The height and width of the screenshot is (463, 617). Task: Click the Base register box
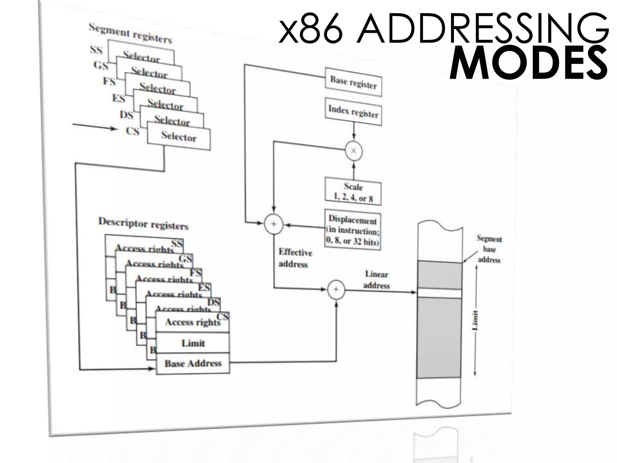(x=353, y=82)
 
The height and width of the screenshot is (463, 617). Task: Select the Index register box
(x=353, y=112)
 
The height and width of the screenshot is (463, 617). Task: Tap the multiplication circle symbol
(x=354, y=151)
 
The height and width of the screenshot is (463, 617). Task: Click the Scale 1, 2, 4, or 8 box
(x=353, y=192)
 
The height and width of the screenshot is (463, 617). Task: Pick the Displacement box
(x=352, y=230)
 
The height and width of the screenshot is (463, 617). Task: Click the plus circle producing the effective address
(x=274, y=224)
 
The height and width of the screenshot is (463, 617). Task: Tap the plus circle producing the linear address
(x=336, y=290)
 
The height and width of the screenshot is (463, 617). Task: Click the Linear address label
(x=377, y=280)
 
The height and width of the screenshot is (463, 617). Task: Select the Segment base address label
(x=489, y=249)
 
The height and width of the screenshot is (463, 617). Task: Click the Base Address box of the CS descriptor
(x=193, y=363)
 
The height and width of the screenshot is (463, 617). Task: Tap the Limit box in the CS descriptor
(x=193, y=343)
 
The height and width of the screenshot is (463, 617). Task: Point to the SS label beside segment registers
(x=96, y=49)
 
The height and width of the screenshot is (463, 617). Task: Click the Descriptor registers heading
(x=143, y=224)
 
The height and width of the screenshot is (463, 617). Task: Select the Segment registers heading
(x=130, y=33)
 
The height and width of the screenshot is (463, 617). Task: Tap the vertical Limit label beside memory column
(x=475, y=320)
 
